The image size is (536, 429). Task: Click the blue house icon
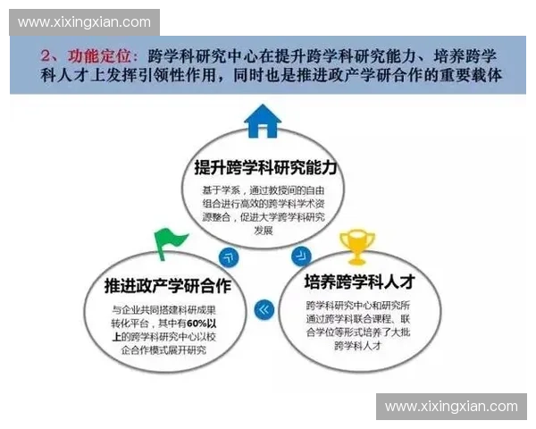tap(263, 122)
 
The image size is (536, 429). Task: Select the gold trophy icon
tap(356, 244)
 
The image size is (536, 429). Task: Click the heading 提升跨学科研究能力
tap(265, 167)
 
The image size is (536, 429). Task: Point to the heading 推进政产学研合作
tap(167, 286)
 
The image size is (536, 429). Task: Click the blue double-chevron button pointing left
tap(263, 310)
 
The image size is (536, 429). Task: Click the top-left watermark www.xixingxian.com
tap(85, 21)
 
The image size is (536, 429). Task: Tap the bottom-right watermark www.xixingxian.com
tap(451, 406)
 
